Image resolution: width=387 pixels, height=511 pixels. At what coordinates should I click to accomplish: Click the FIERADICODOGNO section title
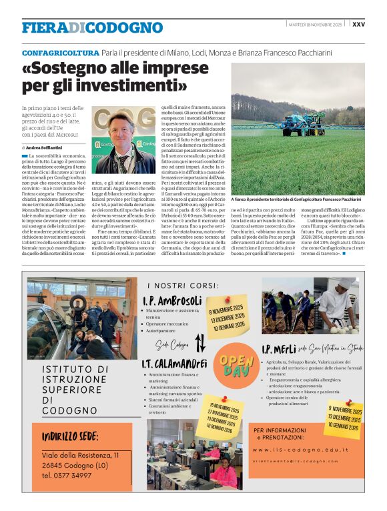(x=92, y=27)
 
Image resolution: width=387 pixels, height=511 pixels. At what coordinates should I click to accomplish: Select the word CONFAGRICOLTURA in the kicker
(x=60, y=52)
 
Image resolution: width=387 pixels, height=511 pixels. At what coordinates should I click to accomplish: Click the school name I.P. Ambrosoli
(x=171, y=300)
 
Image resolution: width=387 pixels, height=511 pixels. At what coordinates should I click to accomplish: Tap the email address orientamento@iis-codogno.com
(x=300, y=461)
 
